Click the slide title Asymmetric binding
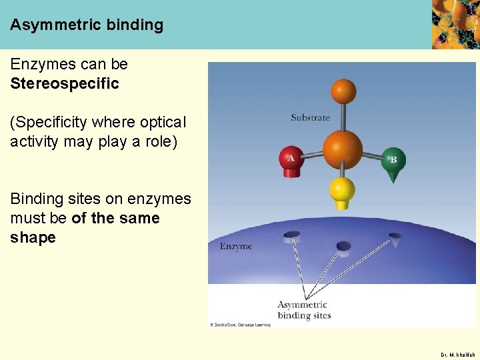tap(87, 25)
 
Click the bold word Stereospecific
tap(65, 84)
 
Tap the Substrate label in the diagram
tap(310, 118)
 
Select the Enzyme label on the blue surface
tap(236, 247)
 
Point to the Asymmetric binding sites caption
tap(304, 310)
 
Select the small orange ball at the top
tap(343, 91)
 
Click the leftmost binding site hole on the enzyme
tap(292, 235)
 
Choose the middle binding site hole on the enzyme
tap(343, 247)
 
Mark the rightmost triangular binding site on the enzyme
tap(395, 237)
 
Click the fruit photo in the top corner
tap(455, 24)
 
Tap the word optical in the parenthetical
tap(164, 123)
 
